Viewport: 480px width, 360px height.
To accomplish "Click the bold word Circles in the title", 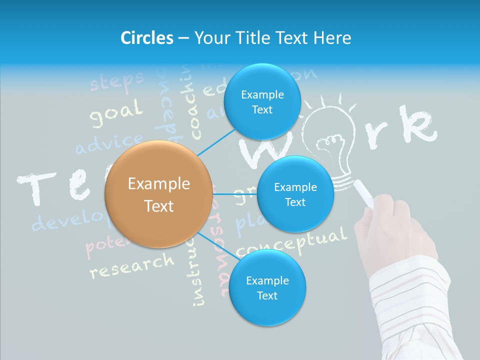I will tap(146, 38).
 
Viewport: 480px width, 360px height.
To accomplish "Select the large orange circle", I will tap(158, 194).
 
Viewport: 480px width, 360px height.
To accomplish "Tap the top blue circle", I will tap(262, 101).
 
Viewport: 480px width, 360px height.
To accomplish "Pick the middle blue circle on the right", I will tap(295, 194).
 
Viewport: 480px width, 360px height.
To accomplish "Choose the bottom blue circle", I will tap(267, 287).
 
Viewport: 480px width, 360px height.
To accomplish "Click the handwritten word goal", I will tap(115, 114).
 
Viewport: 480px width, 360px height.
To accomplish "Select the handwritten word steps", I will tap(116, 81).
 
